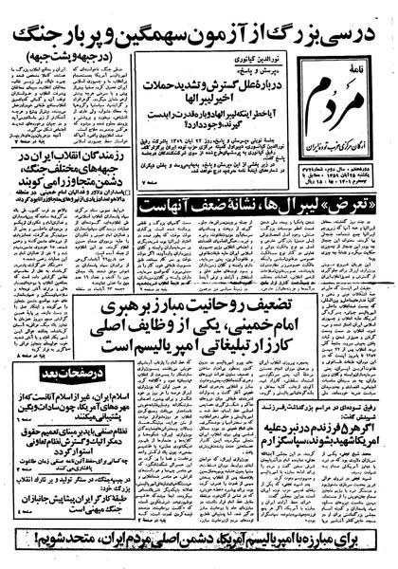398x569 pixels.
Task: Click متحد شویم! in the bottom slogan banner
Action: [38, 552]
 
